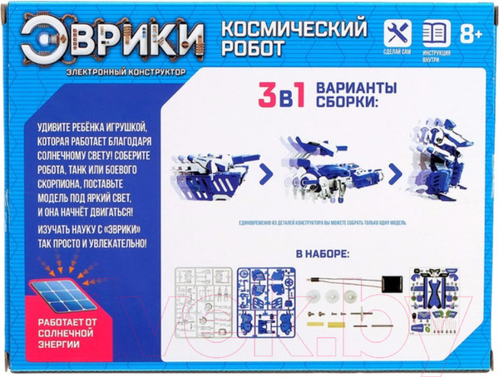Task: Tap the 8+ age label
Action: point(472,34)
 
